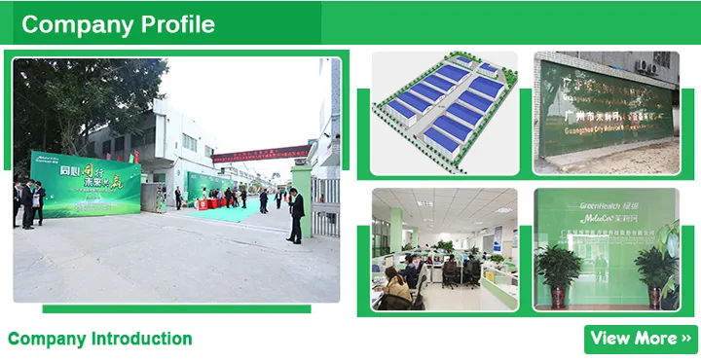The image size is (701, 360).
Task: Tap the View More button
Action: click(640, 339)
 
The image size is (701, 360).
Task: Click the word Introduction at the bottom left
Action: click(141, 340)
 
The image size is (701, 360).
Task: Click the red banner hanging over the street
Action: click(261, 153)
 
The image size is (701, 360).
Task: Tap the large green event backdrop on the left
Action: click(86, 186)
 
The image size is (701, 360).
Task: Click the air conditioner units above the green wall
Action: click(649, 66)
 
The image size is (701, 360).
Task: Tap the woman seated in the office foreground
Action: click(396, 288)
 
